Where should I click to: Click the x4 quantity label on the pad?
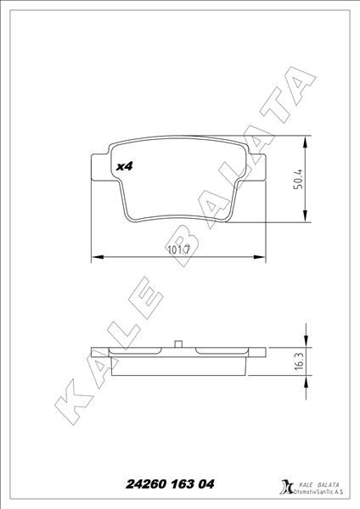(x=124, y=167)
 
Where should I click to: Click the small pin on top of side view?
(x=178, y=344)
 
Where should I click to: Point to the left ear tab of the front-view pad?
(x=95, y=167)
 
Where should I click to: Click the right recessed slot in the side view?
(x=222, y=350)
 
